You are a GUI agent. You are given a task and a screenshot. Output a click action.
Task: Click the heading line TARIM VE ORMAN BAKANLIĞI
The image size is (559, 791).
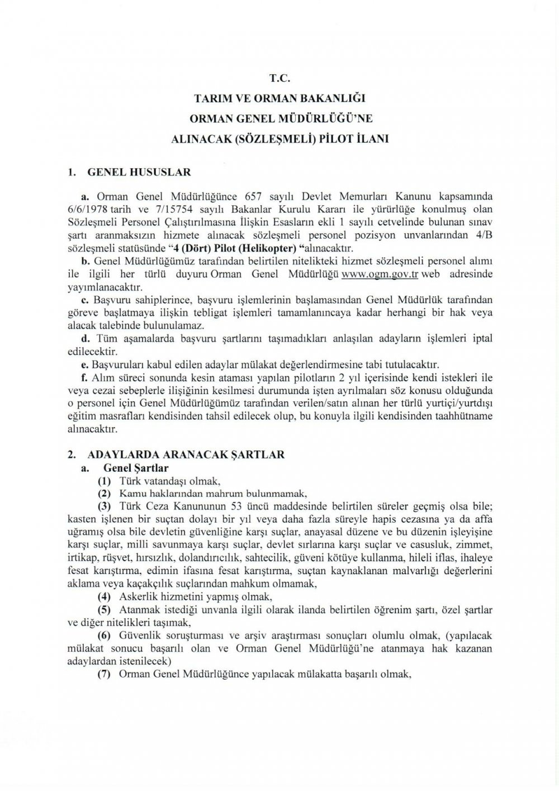tap(279, 99)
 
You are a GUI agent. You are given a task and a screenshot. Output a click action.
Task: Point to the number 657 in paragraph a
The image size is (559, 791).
tap(255, 197)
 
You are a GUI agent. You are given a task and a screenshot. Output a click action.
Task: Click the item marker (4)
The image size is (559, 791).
tap(104, 596)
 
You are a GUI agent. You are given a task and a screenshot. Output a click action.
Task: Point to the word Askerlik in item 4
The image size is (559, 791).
tap(135, 596)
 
